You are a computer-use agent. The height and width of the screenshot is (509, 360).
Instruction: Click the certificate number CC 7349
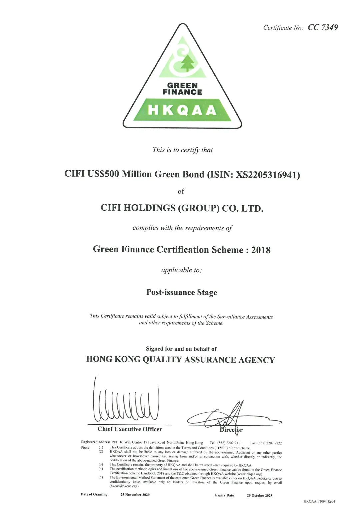(323, 27)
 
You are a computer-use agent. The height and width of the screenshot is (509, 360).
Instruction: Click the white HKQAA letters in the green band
(182, 110)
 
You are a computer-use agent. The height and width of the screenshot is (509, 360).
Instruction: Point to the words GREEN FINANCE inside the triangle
(182, 89)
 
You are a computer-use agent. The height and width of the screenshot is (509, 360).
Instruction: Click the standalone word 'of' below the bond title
(181, 191)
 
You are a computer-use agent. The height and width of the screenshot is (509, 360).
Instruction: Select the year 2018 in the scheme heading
(261, 250)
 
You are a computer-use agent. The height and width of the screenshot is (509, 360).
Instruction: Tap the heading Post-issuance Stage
(182, 292)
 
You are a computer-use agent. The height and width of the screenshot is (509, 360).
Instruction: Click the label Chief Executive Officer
(130, 429)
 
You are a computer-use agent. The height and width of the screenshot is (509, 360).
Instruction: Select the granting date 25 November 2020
(135, 495)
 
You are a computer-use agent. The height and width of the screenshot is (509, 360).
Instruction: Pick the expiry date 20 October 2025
(260, 496)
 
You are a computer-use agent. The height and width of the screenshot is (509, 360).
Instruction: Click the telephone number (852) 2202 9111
(229, 443)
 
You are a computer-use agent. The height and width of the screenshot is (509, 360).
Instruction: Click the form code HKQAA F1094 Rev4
(319, 501)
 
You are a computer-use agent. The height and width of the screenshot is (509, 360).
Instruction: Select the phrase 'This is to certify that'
(182, 150)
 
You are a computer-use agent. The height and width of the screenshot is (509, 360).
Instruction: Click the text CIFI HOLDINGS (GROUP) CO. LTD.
(182, 208)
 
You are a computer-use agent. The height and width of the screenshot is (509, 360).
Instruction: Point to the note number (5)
(101, 477)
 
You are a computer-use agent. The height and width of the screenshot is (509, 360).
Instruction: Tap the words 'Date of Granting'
(94, 494)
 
